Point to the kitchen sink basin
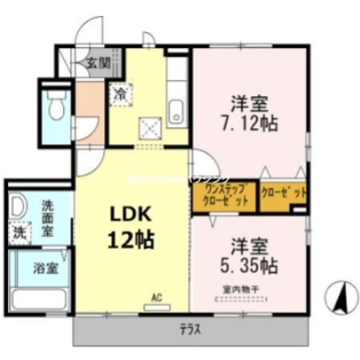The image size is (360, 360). pyautogui.click(x=178, y=107)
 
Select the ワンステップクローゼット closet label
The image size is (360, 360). pyautogui.click(x=225, y=197)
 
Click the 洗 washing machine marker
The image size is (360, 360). pyautogui.click(x=19, y=234)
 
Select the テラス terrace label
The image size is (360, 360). pyautogui.click(x=190, y=329)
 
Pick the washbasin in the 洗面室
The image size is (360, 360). pyautogui.click(x=18, y=208)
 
